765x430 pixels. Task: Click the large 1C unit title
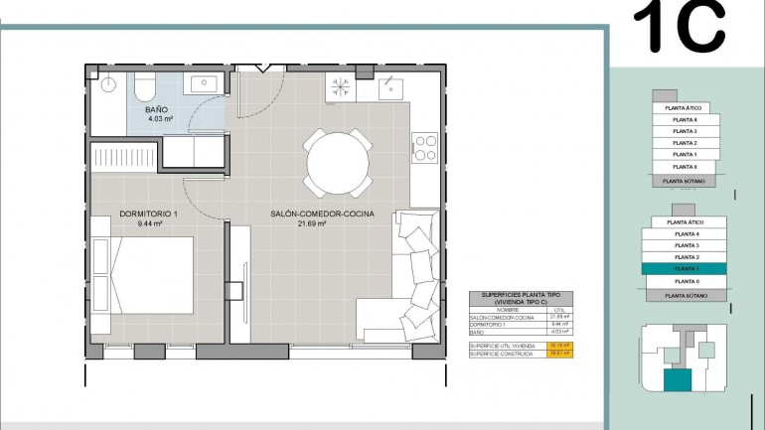[x=680, y=27]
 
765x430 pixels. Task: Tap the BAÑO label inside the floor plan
[x=157, y=109]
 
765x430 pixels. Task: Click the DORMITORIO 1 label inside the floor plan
[x=148, y=214]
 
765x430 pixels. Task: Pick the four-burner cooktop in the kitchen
[x=426, y=148]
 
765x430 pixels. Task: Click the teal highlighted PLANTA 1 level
[x=686, y=269]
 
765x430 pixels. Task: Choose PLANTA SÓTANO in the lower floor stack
[x=686, y=296]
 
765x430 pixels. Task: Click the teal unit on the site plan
[x=678, y=379]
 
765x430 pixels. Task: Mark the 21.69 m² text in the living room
[x=312, y=224]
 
